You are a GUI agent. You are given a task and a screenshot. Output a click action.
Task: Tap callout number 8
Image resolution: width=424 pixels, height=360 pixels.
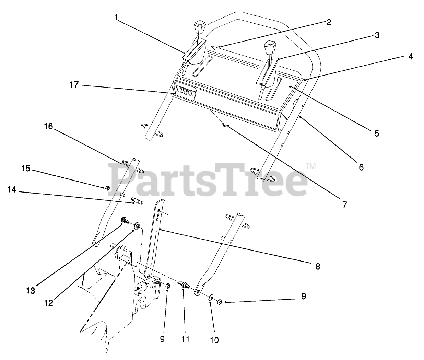pyautogui.click(x=318, y=266)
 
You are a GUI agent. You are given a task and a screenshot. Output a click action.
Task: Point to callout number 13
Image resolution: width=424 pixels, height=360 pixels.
pyautogui.click(x=31, y=290)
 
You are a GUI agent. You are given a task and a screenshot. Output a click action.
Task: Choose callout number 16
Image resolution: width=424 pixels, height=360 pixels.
pyautogui.click(x=48, y=126)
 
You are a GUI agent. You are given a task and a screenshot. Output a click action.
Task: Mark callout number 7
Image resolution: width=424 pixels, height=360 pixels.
pyautogui.click(x=344, y=205)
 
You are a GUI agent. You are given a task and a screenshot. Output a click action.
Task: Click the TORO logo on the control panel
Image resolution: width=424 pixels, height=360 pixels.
pyautogui.click(x=185, y=92)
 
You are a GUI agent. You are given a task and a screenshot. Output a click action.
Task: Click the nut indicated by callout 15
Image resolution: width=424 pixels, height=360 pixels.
pyautogui.click(x=107, y=188)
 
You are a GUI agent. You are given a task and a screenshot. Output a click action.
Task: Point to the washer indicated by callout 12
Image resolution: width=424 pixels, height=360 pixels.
pyautogui.click(x=137, y=226)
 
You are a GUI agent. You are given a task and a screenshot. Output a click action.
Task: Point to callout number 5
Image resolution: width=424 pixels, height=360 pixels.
pyautogui.click(x=376, y=133)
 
